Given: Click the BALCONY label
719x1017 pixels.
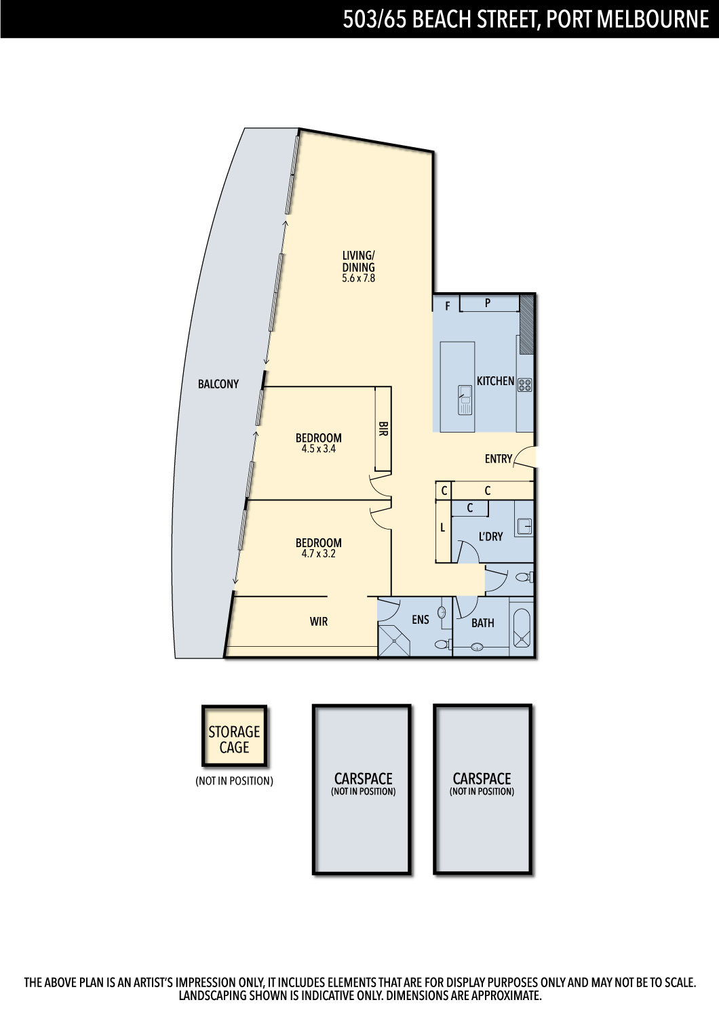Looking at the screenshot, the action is pyautogui.click(x=218, y=384).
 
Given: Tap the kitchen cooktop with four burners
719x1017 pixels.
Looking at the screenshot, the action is pyautogui.click(x=524, y=385).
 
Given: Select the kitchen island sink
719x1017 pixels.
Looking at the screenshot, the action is pyautogui.click(x=465, y=399).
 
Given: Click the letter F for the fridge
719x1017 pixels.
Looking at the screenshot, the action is pyautogui.click(x=448, y=306).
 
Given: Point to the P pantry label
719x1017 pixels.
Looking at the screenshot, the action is pyautogui.click(x=487, y=303).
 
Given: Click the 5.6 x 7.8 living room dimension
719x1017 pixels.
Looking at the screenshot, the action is pyautogui.click(x=358, y=278).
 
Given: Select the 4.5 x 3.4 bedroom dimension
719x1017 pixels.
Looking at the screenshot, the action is pyautogui.click(x=318, y=449).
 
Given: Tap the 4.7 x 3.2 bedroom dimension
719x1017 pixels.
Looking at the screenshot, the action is pyautogui.click(x=318, y=553).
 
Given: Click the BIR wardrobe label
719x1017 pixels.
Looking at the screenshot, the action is pyautogui.click(x=383, y=428).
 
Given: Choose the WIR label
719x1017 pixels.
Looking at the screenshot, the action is pyautogui.click(x=318, y=622).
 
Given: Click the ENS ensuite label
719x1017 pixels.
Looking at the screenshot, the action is pyautogui.click(x=420, y=619).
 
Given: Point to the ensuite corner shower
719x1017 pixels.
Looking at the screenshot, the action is pyautogui.click(x=394, y=641).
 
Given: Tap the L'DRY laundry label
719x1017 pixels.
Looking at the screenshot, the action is pyautogui.click(x=490, y=537).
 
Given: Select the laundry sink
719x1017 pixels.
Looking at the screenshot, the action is pyautogui.click(x=524, y=526).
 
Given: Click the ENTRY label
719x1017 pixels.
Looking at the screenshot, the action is pyautogui.click(x=499, y=459).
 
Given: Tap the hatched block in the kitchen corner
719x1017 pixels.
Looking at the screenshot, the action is pyautogui.click(x=526, y=325).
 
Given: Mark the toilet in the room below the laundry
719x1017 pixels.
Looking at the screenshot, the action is pyautogui.click(x=524, y=578).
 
